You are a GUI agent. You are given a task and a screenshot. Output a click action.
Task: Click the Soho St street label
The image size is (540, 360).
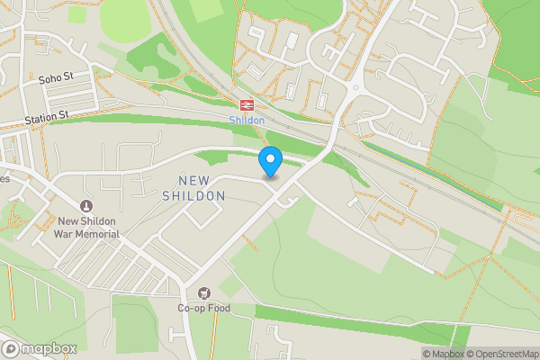click(x=55, y=80)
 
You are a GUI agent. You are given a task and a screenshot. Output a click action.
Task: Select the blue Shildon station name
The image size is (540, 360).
click(x=247, y=121)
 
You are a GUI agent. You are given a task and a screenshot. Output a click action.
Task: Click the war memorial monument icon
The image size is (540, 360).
click(x=86, y=206)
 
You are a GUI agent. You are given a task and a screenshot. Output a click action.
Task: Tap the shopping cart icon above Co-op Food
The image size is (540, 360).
click(x=203, y=293)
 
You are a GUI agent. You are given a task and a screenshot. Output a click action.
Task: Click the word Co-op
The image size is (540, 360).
click(x=191, y=309)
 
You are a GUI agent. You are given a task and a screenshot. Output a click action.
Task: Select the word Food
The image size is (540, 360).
click(x=219, y=309)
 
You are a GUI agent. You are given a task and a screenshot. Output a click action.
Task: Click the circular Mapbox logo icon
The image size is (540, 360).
click(x=11, y=348)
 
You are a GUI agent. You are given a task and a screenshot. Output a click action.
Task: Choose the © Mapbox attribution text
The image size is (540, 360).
click(x=444, y=354)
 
